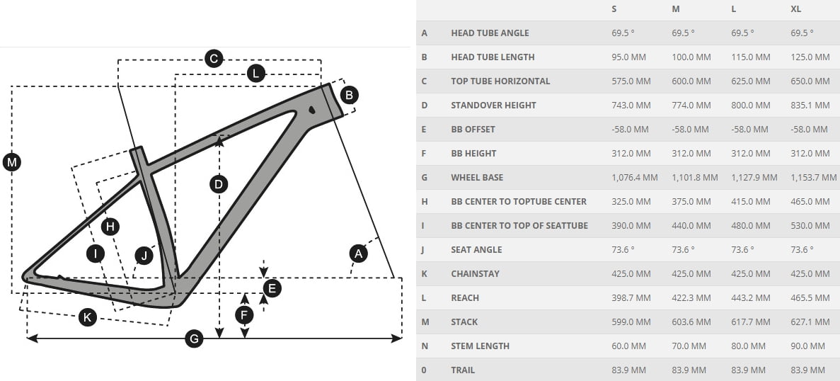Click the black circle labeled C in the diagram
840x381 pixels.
click(214, 59)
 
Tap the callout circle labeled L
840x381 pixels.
click(255, 73)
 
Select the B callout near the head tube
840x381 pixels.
click(349, 94)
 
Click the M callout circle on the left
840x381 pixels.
click(11, 162)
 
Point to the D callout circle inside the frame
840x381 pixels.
click(219, 184)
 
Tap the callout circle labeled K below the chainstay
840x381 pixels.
click(87, 317)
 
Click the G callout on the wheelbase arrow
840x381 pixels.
click(193, 339)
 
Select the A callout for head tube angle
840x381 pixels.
click(359, 253)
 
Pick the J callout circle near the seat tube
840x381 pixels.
click(144, 255)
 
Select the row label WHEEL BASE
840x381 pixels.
click(477, 177)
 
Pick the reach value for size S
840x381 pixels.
click(631, 297)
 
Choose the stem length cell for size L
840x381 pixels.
click(748, 346)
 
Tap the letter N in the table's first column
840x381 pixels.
click(425, 346)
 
